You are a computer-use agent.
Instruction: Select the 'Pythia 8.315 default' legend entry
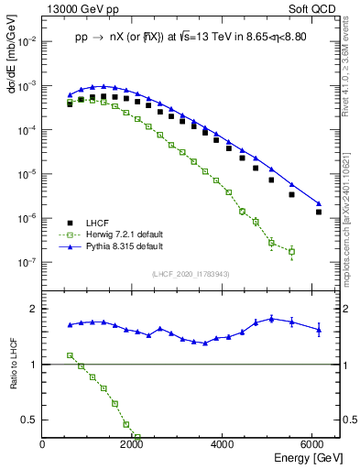(118, 246)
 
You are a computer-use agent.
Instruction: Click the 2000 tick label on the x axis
(134, 446)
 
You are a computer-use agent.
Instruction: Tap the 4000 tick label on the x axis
(224, 446)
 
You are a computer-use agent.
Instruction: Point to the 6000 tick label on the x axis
(314, 446)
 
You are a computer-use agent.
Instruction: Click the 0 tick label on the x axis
(43, 446)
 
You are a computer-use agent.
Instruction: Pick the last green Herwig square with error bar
(291, 251)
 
